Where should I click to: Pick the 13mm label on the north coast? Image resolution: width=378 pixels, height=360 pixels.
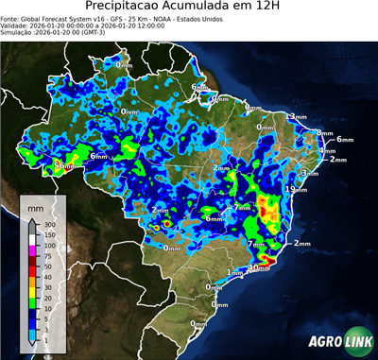pyautogui.click(x=297, y=116)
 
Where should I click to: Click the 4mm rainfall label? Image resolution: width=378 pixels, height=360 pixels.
pyautogui.click(x=327, y=151)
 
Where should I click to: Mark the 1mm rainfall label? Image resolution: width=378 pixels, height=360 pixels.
pyautogui.click(x=235, y=272)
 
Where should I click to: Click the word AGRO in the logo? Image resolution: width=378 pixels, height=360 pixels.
pyautogui.click(x=325, y=343)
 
